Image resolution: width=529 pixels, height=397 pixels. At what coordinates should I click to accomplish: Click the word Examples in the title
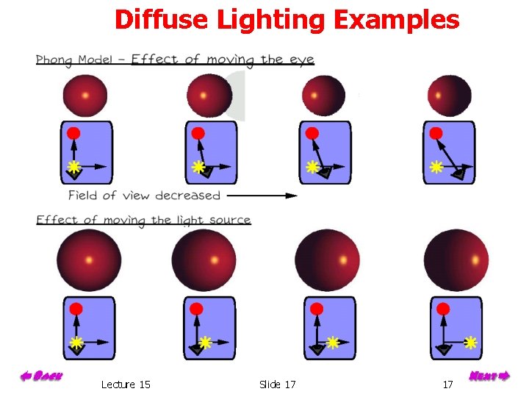tap(396, 20)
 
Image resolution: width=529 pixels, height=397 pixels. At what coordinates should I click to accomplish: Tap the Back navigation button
tap(40, 376)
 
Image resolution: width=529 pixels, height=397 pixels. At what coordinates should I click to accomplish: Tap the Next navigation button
tap(489, 376)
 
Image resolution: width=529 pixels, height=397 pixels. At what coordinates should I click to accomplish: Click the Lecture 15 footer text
tap(126, 385)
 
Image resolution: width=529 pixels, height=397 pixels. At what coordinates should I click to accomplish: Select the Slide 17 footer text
tap(278, 385)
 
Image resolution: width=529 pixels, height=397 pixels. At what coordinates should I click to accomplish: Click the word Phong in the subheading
tap(58, 60)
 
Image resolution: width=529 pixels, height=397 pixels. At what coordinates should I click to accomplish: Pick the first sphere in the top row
tap(85, 96)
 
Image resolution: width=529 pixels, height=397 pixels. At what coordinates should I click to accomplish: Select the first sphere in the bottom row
tap(89, 260)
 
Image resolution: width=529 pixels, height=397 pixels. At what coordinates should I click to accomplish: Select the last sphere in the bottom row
tap(456, 260)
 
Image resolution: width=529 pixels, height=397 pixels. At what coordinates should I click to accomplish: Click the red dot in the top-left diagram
tap(73, 133)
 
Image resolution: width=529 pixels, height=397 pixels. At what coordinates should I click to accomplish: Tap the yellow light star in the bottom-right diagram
tap(471, 342)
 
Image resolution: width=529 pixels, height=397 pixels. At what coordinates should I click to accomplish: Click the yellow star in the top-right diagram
tap(436, 167)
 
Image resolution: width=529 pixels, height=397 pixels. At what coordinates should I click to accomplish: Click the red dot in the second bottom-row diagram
tap(196, 309)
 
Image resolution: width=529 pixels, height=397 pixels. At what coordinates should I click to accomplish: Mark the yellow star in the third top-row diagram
tap(312, 167)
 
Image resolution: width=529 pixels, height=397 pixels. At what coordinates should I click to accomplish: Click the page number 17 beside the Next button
tap(447, 385)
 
